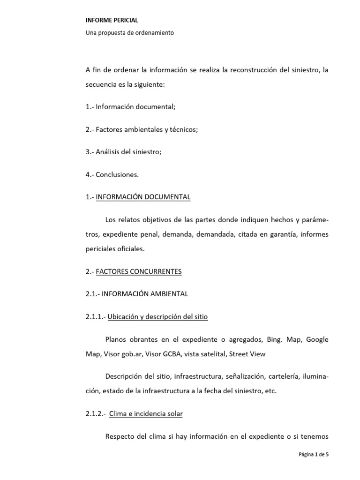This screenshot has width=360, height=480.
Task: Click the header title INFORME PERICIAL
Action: click(112, 20)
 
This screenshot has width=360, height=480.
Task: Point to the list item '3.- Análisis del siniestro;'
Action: click(123, 152)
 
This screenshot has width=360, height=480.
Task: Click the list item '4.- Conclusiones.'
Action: click(112, 174)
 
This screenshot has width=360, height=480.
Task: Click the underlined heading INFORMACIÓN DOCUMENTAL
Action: click(143, 197)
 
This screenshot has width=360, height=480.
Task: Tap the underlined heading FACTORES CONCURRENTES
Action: click(138, 271)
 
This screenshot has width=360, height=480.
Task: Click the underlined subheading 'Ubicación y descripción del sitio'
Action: click(157, 316)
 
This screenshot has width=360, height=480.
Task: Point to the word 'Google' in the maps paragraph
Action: click(317, 339)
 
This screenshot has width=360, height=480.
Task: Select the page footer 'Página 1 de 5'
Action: click(314, 455)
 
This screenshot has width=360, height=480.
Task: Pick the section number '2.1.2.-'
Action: click(95, 413)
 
